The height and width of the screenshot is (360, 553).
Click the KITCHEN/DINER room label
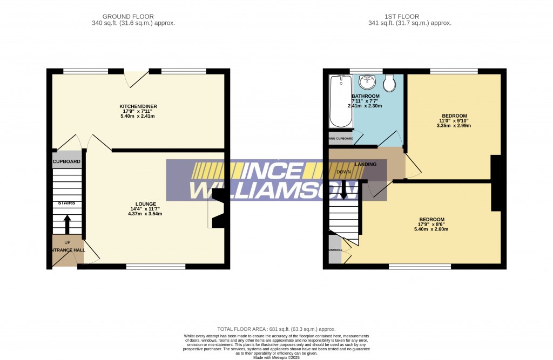pyautogui.click(x=138, y=106)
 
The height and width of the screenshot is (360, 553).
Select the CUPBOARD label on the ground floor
pyautogui.click(x=67, y=162)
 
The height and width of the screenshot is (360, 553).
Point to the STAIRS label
pyautogui.click(x=67, y=203)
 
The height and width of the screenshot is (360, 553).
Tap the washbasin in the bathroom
pyautogui.click(x=368, y=83)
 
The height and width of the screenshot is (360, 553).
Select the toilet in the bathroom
pyautogui.click(x=389, y=84)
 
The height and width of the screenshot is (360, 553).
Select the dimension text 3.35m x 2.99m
pyautogui.click(x=454, y=126)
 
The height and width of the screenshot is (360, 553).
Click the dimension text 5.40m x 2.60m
pyautogui.click(x=430, y=229)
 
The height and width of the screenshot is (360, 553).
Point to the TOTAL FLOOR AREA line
pyautogui.click(x=276, y=329)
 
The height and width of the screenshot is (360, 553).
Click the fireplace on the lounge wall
pyautogui.click(x=217, y=213)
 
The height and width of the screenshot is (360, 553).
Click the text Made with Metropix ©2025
pyautogui.click(x=276, y=357)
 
